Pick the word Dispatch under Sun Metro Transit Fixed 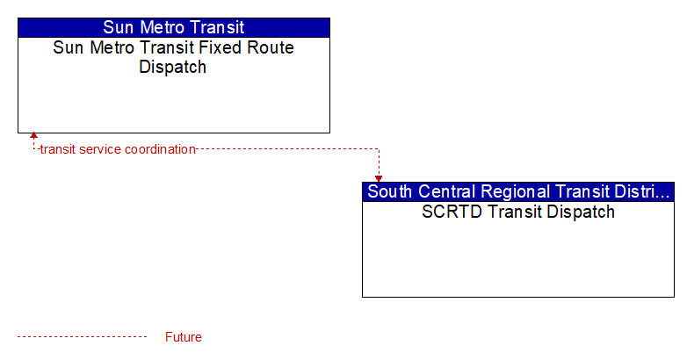172,68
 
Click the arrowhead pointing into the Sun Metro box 33,135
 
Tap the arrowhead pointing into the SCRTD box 379,179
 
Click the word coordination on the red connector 160,149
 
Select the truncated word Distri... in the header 644,191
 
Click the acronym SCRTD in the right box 452,212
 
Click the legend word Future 183,337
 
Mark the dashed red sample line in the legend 82,337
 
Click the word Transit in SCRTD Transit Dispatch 514,212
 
